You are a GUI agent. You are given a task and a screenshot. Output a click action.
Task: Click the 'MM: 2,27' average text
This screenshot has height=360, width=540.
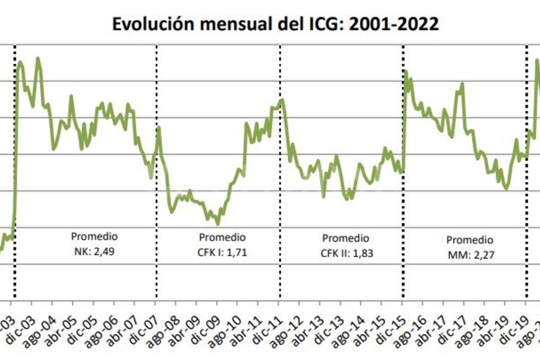[x=470, y=253]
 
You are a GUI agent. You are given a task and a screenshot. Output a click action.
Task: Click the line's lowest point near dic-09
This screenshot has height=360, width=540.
[x=217, y=224]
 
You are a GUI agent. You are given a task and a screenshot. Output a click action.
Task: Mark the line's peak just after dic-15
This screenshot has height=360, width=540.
[x=405, y=71]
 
